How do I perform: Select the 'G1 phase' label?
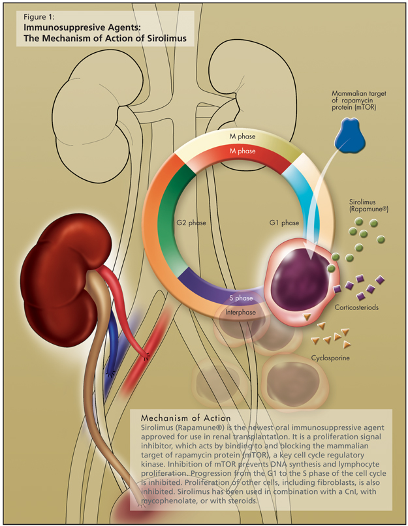(x=284, y=223)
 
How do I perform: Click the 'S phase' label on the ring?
(x=241, y=298)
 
